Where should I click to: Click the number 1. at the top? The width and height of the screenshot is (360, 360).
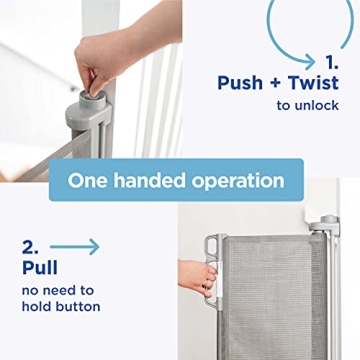point(331,59)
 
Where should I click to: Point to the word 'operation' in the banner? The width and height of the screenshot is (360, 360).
point(238,181)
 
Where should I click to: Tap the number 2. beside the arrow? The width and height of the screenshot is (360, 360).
point(30,246)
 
